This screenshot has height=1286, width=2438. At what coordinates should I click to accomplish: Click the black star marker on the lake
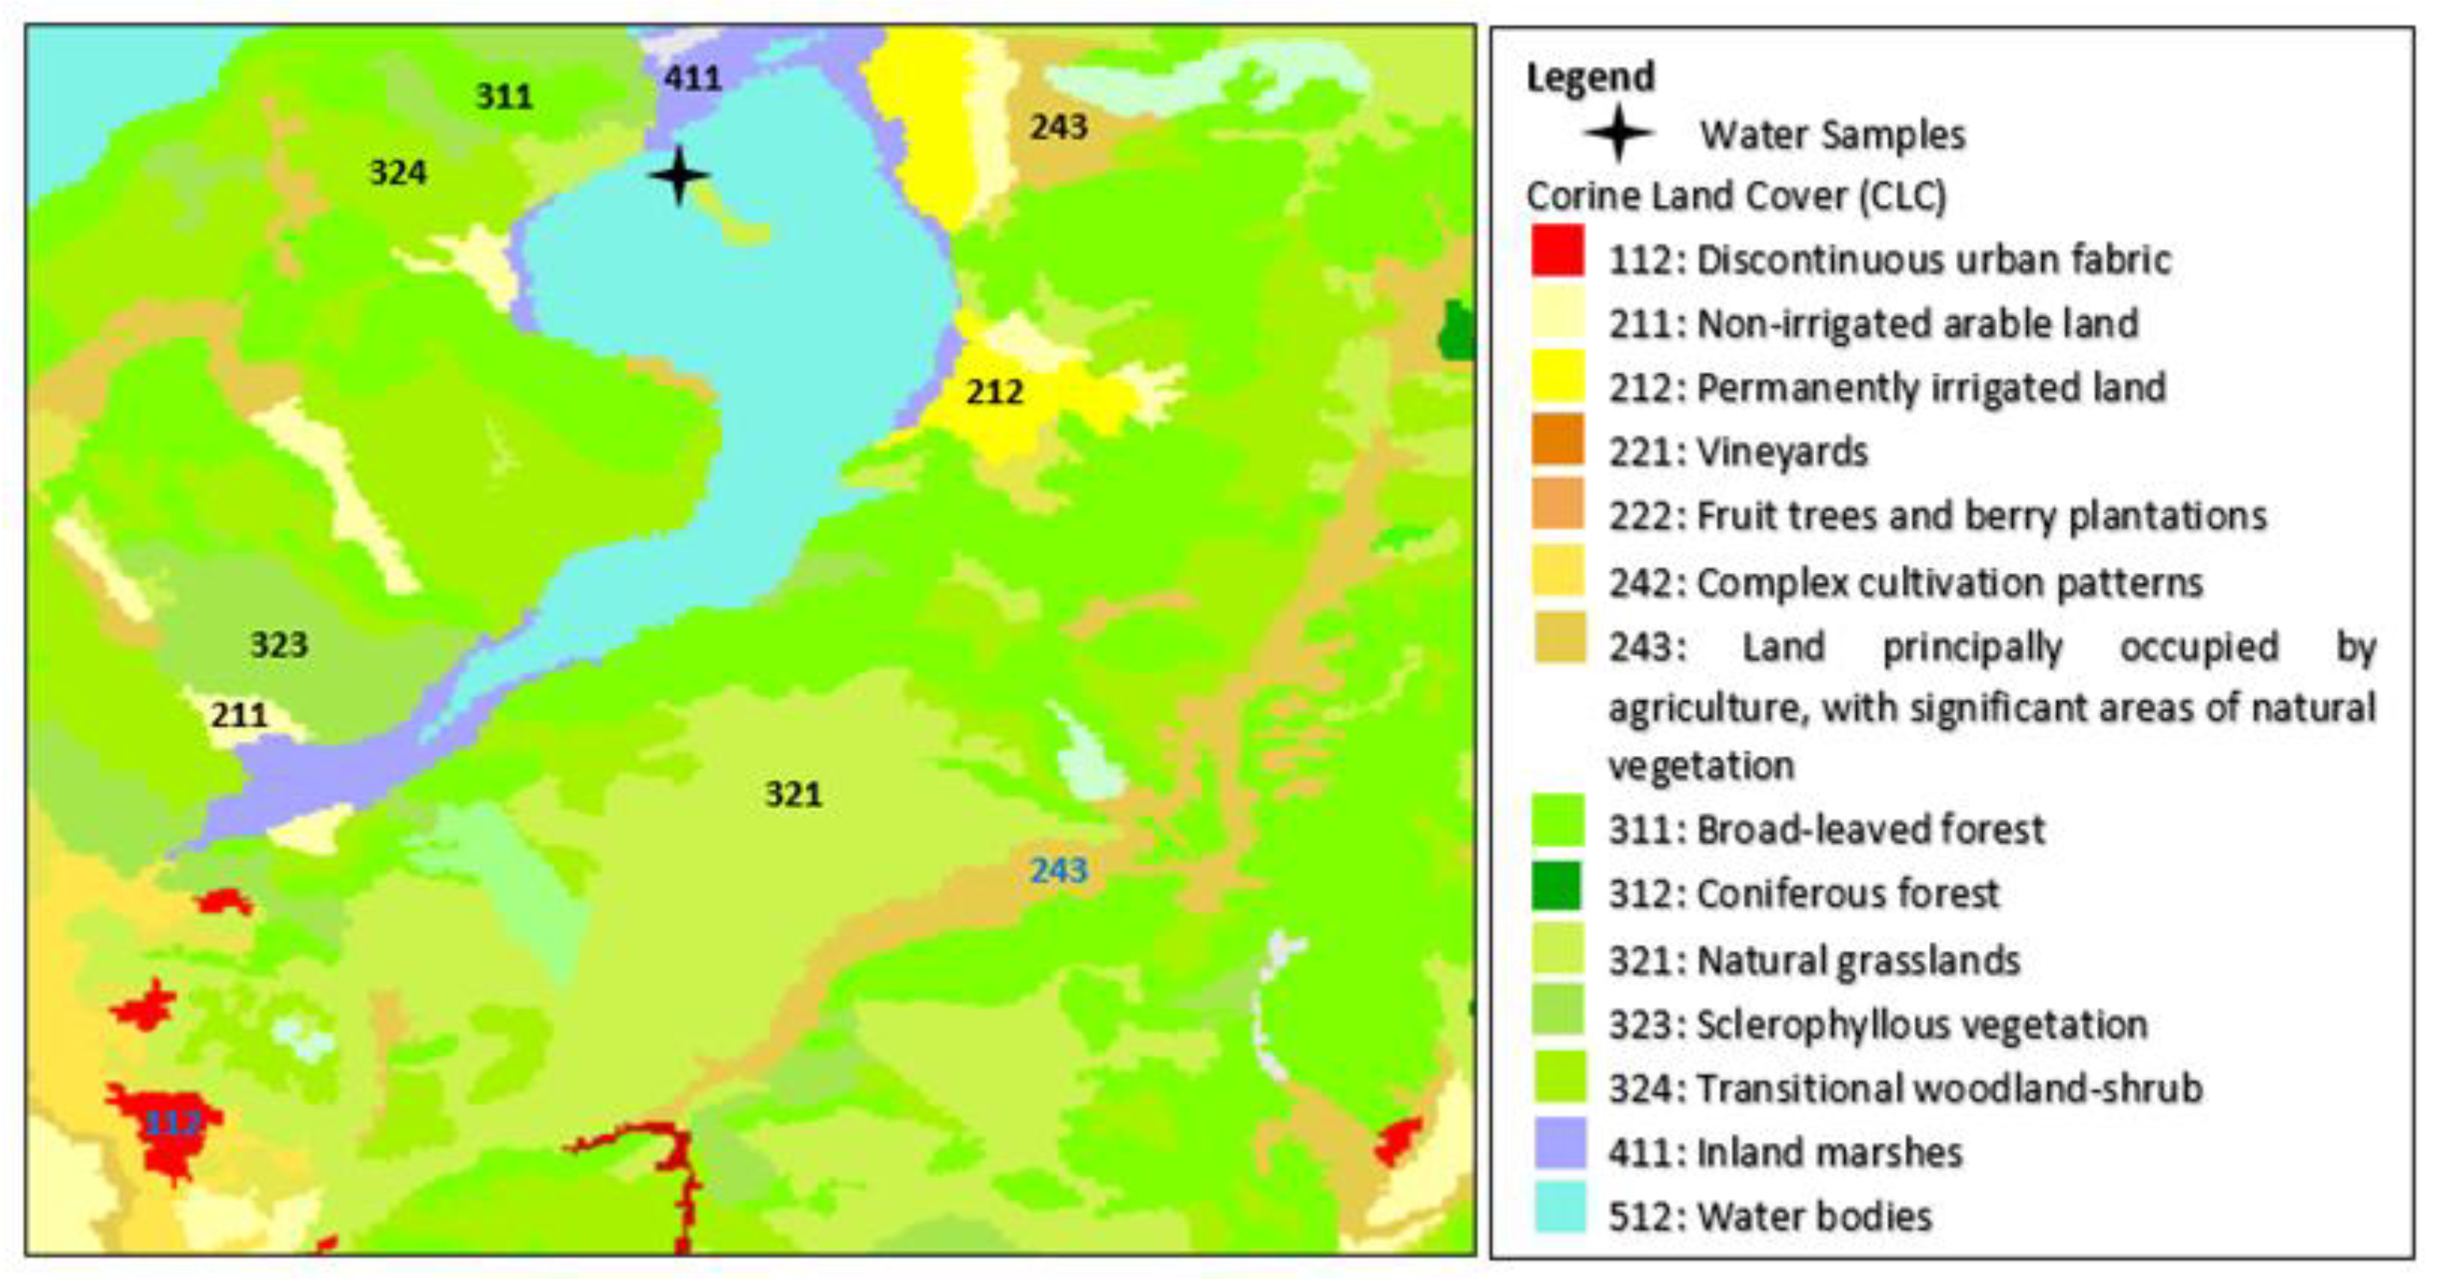678,175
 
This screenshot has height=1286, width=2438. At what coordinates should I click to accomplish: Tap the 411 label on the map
692,78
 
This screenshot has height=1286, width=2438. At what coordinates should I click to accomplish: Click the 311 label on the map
503,96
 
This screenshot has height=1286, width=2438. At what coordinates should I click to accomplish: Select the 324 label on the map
397,173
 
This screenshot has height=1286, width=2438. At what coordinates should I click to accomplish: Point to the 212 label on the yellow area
993,392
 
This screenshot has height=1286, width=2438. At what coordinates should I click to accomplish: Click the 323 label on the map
279,644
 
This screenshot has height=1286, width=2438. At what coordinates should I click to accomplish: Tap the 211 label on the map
238,715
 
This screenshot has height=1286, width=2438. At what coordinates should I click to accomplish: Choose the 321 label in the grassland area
793,794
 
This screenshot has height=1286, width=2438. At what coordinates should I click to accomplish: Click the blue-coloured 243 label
1058,870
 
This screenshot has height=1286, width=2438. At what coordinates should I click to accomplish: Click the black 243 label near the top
1058,127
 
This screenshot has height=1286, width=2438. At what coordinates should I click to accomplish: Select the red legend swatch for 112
1558,251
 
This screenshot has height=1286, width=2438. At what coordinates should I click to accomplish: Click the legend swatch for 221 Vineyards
1558,440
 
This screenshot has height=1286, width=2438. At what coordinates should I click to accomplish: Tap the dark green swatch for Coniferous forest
1558,886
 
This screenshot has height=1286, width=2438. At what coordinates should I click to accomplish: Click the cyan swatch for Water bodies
1558,1208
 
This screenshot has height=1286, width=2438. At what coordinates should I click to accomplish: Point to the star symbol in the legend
1619,134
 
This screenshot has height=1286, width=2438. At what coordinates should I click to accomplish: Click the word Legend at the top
1590,77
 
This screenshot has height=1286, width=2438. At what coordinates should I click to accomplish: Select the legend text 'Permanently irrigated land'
1931,388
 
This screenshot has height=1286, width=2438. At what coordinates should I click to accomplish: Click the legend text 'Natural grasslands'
1859,961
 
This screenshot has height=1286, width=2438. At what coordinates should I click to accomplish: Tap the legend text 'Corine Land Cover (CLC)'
1736,197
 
